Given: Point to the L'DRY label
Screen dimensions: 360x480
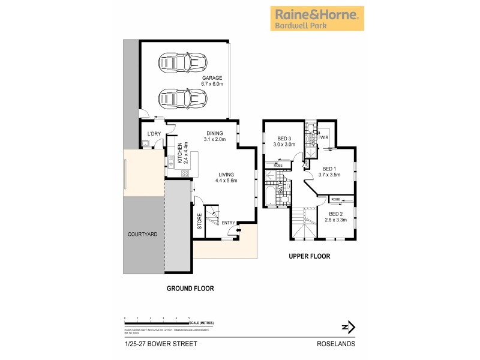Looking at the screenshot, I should click(154, 134).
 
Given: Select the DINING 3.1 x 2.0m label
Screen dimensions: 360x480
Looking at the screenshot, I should click(214, 136).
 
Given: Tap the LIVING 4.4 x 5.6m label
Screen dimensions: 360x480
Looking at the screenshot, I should click(226, 177).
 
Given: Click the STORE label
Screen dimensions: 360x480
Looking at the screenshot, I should click(200, 221).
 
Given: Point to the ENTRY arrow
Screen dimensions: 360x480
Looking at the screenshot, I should click(239, 229).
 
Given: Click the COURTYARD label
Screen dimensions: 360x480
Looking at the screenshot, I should click(143, 234).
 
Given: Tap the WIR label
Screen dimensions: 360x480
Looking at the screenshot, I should click(325, 137).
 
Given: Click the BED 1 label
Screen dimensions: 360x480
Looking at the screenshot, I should click(331, 172).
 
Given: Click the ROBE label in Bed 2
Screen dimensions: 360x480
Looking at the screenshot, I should click(335, 199).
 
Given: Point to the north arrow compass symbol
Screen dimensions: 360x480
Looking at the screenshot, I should click(348, 327).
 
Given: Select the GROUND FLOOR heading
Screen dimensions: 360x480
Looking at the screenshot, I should click(190, 289).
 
